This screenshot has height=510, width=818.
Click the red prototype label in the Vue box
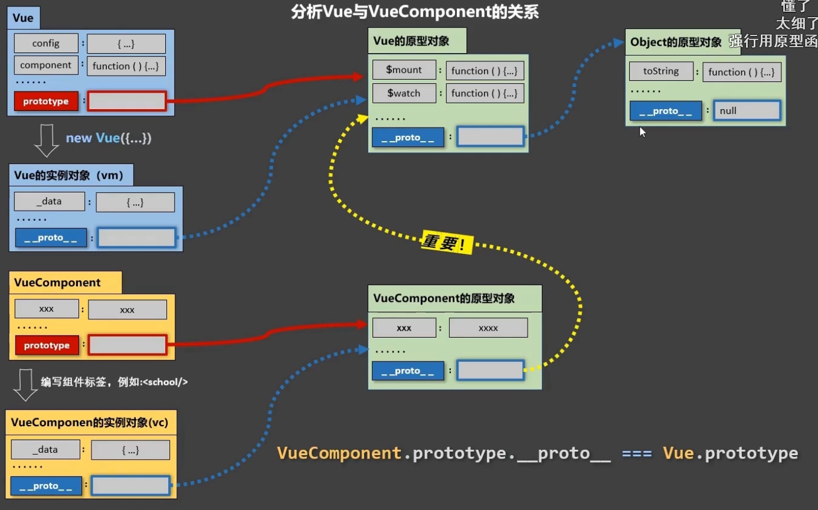tap(46, 102)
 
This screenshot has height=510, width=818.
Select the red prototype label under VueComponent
tap(47, 345)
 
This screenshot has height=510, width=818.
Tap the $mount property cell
tap(404, 70)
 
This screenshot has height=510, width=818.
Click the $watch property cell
tap(404, 93)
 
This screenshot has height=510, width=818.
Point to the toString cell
tap(661, 71)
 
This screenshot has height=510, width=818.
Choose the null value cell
tap(747, 110)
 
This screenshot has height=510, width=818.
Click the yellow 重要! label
tap(447, 243)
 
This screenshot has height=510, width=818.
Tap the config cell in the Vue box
tap(46, 43)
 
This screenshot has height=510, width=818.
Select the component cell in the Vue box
tap(46, 65)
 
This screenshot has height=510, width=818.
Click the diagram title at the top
tap(415, 12)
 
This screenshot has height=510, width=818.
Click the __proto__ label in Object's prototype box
tap(666, 111)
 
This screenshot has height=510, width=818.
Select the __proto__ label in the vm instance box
tap(51, 238)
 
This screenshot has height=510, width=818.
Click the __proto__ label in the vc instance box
tap(46, 486)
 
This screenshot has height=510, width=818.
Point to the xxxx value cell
tap(488, 328)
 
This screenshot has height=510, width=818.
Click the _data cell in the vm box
tap(49, 201)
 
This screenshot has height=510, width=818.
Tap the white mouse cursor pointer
tap(642, 132)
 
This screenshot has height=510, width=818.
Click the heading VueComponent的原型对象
tap(444, 299)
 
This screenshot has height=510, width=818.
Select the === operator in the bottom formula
tap(637, 453)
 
